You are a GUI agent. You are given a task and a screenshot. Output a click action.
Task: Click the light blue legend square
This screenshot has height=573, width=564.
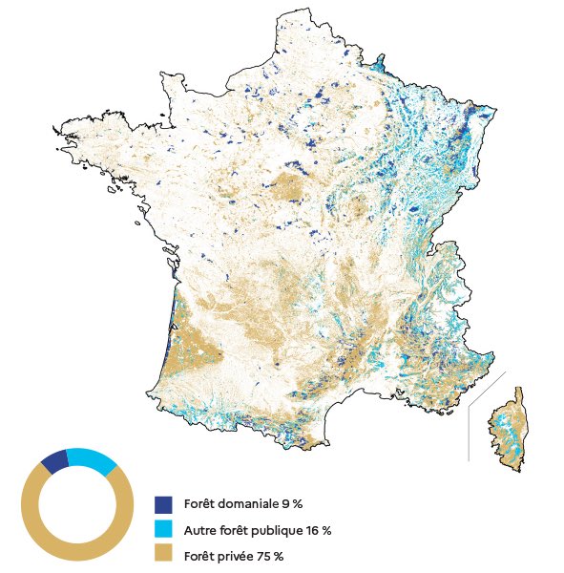click(x=162, y=529)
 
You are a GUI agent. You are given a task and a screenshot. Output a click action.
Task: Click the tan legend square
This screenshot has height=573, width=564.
click(x=162, y=555)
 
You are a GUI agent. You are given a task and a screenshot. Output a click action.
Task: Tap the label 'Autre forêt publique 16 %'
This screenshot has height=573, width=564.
click(x=258, y=529)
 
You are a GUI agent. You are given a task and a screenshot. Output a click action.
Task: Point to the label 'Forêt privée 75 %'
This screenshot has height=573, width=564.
click(x=234, y=555)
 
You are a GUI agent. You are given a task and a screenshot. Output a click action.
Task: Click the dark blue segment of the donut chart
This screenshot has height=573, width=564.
click(x=54, y=461)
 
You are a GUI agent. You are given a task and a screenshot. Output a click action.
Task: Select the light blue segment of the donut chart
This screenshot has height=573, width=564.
click(x=93, y=459)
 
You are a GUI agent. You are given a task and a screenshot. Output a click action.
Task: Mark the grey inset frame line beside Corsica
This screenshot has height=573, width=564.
click(x=469, y=435)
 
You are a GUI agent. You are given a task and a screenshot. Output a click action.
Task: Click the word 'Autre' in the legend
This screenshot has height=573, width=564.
click(x=199, y=529)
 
